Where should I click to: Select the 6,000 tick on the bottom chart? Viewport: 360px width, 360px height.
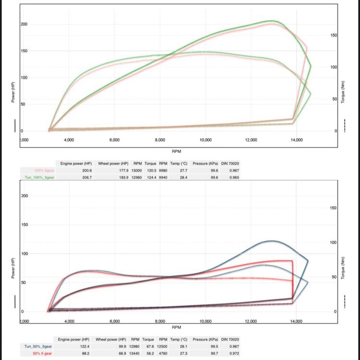pyautogui.click(x=114, y=321)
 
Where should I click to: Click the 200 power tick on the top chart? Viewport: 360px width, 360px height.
pyautogui.click(x=24, y=24)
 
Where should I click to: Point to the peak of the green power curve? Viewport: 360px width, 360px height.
pyautogui.click(x=272, y=21)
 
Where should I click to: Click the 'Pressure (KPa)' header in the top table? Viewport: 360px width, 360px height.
pyautogui.click(x=207, y=163)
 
